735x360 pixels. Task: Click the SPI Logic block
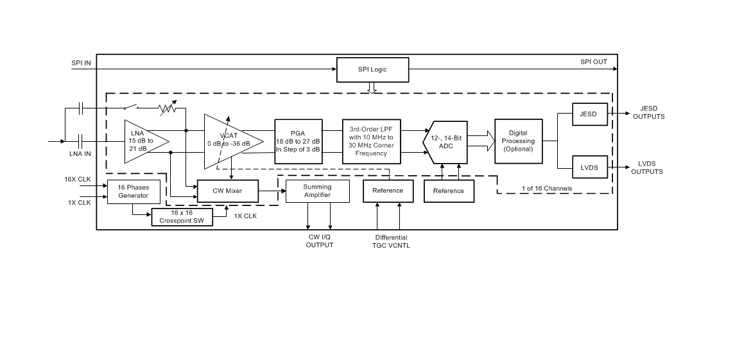373,69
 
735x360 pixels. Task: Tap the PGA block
297,141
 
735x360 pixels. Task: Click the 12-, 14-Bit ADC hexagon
444,141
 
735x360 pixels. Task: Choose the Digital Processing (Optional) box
518,141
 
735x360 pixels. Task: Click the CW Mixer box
227,191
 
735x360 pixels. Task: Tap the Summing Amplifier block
317,191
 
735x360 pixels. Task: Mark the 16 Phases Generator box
133,191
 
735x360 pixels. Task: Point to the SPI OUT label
594,62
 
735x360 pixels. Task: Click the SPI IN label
81,63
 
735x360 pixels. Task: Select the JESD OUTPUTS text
648,112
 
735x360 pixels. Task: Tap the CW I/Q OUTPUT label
319,241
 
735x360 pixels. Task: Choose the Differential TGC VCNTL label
391,241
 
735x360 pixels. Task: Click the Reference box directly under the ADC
448,191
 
